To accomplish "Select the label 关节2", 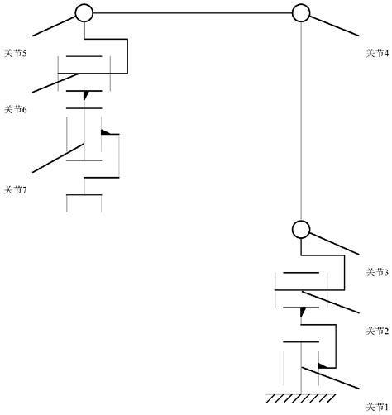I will [x=377, y=330].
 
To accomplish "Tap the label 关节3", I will [x=377, y=273].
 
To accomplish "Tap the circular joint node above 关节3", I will [x=300, y=229].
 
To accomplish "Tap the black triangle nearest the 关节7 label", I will [x=105, y=132].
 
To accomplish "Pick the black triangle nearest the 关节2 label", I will [x=303, y=312].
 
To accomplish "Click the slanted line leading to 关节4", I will [x=335, y=26].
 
